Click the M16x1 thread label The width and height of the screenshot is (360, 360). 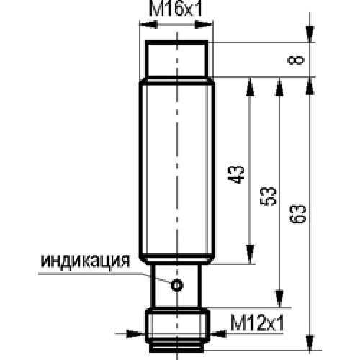176,9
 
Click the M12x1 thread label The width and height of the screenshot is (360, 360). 257,323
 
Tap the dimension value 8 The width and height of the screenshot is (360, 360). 296,60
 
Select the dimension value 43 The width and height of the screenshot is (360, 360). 236,174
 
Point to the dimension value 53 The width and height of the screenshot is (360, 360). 269,196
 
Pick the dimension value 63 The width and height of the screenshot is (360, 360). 298,215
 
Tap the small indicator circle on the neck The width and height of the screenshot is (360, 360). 177,285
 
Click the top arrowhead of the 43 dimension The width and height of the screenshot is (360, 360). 250,87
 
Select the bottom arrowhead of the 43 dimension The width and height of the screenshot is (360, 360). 250,254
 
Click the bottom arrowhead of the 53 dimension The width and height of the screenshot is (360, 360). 279,298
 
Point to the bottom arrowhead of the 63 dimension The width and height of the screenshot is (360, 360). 310,343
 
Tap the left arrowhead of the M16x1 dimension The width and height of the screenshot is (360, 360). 148,24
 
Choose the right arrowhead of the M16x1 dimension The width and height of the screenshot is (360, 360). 204,24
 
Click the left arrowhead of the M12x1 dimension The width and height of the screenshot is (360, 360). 135,333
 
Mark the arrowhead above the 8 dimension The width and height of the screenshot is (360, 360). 310,35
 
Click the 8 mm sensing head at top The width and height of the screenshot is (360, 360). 176,60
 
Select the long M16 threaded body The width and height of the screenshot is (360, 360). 177,171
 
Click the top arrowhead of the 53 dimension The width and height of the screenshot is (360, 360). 279,87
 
